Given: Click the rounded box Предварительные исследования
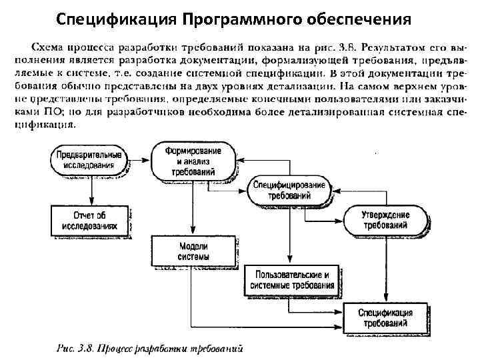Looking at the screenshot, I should pyautogui.click(x=89, y=159).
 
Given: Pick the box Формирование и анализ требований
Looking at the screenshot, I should pyautogui.click(x=193, y=161).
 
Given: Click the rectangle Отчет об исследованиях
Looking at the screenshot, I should pyautogui.click(x=89, y=220).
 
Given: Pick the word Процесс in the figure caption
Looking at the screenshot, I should pyautogui.click(x=116, y=347).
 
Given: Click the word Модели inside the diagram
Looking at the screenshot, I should pyautogui.click(x=193, y=246).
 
